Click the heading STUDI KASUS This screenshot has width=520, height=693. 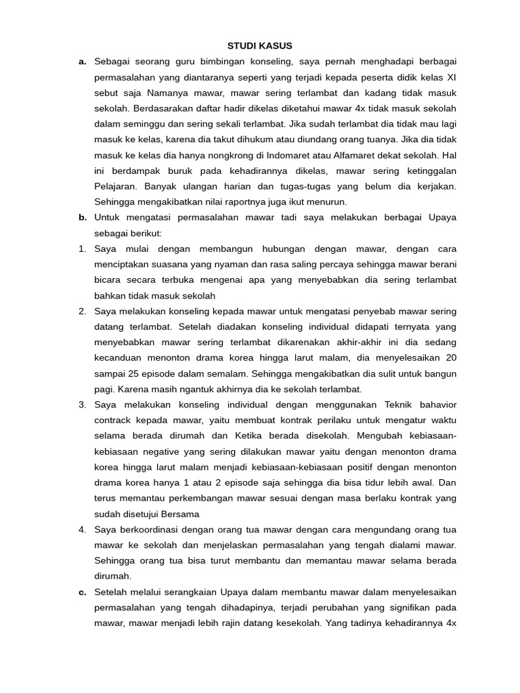pyautogui.click(x=260, y=46)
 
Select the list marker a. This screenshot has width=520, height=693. pyautogui.click(x=82, y=62)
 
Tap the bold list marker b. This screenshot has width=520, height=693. pyautogui.click(x=82, y=217)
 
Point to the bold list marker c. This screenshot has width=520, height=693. pyautogui.click(x=82, y=592)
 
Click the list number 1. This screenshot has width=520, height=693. pyautogui.click(x=82, y=248)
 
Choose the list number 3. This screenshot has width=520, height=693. pyautogui.click(x=82, y=405)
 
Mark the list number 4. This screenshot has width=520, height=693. pyautogui.click(x=82, y=529)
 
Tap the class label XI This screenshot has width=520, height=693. pyautogui.click(x=451, y=77)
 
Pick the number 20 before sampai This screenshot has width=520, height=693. pyautogui.click(x=451, y=358)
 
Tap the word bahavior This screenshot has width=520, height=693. pyautogui.click(x=435, y=405)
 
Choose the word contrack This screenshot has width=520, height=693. pyautogui.click(x=116, y=420)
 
